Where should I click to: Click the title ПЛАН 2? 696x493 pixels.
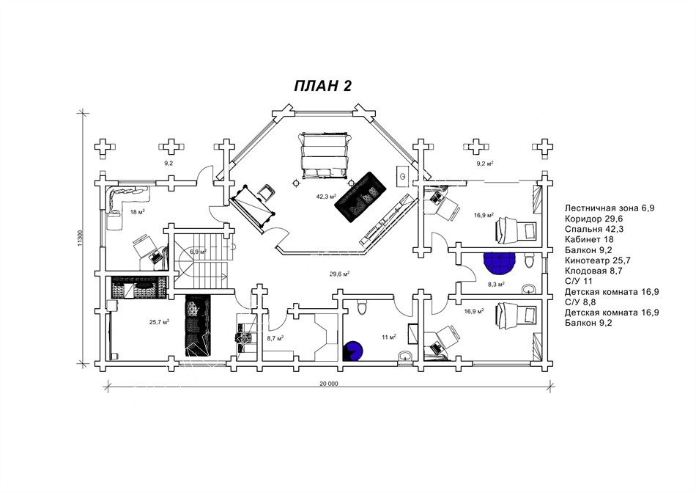coord(323,86)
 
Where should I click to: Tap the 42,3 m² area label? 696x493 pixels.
coord(326,197)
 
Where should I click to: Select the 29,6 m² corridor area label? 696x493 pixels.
coord(339,274)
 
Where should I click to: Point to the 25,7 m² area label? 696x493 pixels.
coord(160,322)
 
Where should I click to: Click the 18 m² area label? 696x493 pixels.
coord(136,213)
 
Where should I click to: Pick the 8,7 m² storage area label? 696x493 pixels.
coord(275,338)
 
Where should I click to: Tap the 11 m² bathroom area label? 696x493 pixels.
coord(388,337)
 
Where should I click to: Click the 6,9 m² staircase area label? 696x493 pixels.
coord(198,252)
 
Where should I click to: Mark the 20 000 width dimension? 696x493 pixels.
coord(328,384)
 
